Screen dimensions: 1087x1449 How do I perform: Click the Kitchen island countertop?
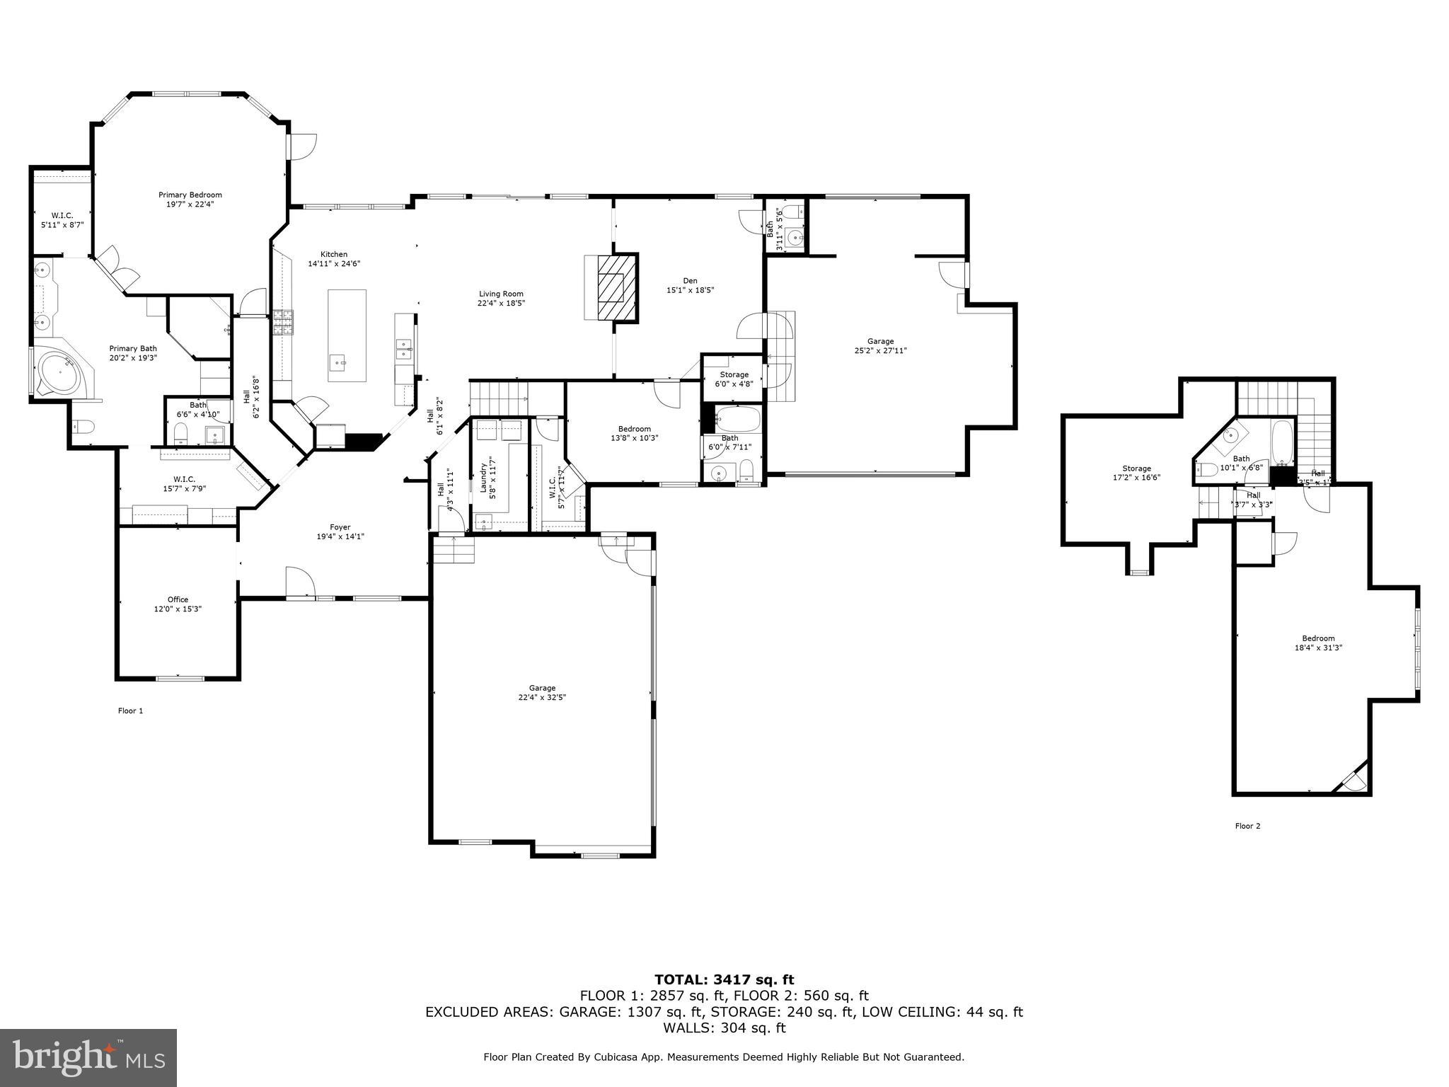tap(347, 335)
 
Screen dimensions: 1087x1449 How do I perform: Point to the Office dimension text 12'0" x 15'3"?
tap(178, 609)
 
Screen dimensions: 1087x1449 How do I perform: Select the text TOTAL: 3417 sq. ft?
tap(724, 980)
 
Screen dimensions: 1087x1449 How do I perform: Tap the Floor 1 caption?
tap(130, 711)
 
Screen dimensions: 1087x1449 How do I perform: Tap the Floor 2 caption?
tap(1247, 826)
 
